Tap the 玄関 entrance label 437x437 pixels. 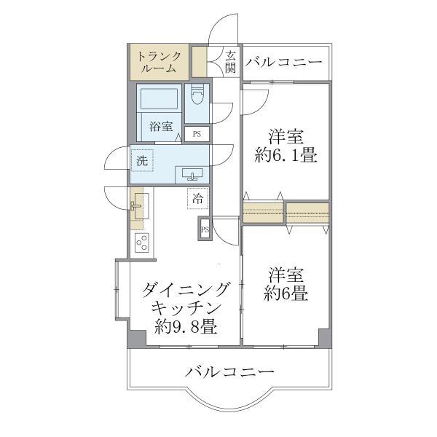231,62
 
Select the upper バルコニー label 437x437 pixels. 283,63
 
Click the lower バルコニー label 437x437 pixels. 229,372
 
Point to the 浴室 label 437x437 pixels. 162,126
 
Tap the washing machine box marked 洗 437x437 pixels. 142,161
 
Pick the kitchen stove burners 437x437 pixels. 141,242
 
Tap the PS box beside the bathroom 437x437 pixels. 197,134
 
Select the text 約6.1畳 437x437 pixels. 286,156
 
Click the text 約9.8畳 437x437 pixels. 186,327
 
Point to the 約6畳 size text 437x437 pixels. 285,294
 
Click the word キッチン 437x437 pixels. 186,309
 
